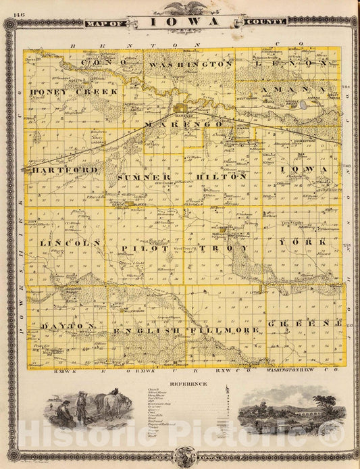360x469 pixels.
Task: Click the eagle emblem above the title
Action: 180,7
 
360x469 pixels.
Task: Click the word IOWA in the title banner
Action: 180,22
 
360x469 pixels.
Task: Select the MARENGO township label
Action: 183,125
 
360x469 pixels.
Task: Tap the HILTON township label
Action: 221,176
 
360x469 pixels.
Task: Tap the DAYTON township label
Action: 66,326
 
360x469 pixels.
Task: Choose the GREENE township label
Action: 306,324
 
